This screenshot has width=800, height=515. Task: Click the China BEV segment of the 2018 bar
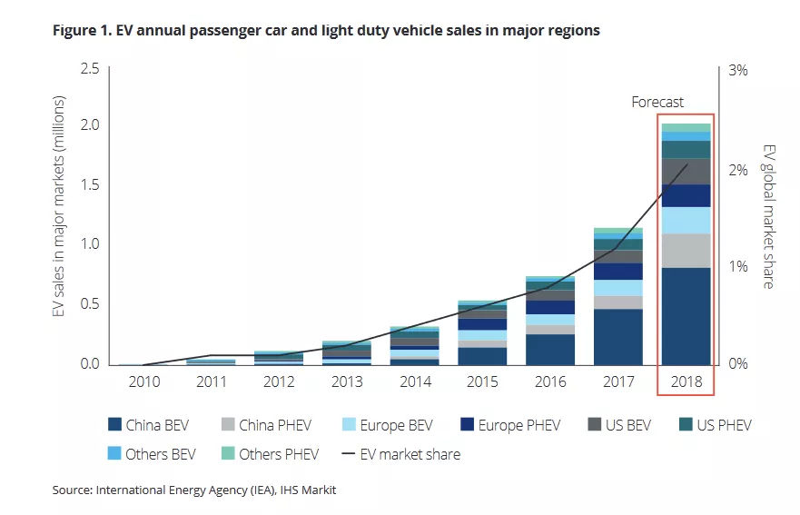coord(686,315)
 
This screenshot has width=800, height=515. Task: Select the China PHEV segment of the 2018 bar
coord(686,250)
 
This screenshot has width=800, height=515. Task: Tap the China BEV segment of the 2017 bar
coord(617,336)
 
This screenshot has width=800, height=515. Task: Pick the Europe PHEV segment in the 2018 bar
coord(686,195)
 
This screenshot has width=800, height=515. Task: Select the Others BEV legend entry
coord(151,453)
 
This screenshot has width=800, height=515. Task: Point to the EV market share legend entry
coord(401,453)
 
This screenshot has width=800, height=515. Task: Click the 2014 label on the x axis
coord(415,382)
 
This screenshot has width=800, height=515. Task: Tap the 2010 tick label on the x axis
coord(143,382)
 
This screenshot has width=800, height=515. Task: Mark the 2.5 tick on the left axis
coord(90,69)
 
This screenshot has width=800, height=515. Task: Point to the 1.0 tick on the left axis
coord(90,243)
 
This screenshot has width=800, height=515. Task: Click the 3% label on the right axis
coord(738,70)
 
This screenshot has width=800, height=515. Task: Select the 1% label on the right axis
coord(738,267)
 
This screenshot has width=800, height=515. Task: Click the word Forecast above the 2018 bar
coord(657,103)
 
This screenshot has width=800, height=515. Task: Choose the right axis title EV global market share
coord(767,216)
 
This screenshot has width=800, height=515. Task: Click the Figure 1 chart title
coord(326,31)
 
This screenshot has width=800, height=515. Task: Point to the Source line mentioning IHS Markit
coord(194,491)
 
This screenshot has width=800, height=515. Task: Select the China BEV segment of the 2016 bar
coord(549,349)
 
